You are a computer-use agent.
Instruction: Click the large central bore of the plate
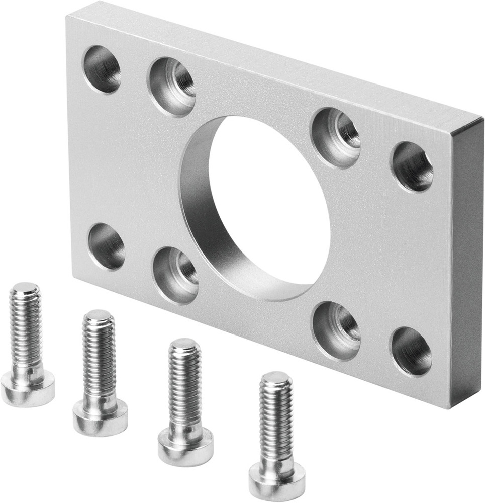click(x=266, y=206)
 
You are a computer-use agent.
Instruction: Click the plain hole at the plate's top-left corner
click(x=102, y=69)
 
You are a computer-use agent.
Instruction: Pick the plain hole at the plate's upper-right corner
click(x=412, y=166)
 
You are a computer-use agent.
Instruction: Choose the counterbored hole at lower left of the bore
click(x=175, y=275)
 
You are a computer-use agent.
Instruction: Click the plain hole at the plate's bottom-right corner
click(x=411, y=352)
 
